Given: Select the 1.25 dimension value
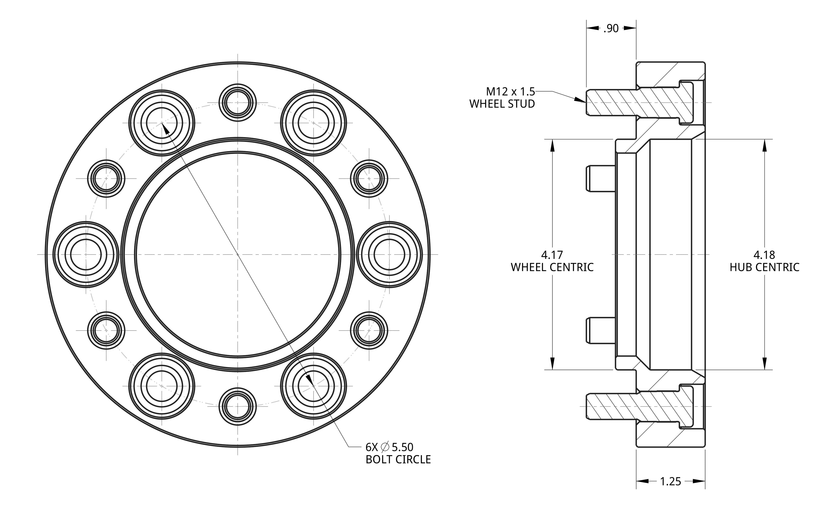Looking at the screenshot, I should [670, 481].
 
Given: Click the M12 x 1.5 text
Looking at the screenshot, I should [510, 92].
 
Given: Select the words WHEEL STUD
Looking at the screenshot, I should [502, 104].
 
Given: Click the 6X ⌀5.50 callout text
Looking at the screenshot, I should [389, 447].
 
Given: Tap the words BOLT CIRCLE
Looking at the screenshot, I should [398, 460].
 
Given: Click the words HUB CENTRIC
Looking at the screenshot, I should [765, 267].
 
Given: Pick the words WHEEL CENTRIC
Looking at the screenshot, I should [552, 267].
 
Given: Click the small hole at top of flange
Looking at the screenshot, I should [237, 102].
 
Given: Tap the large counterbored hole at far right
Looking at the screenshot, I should [389, 254].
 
